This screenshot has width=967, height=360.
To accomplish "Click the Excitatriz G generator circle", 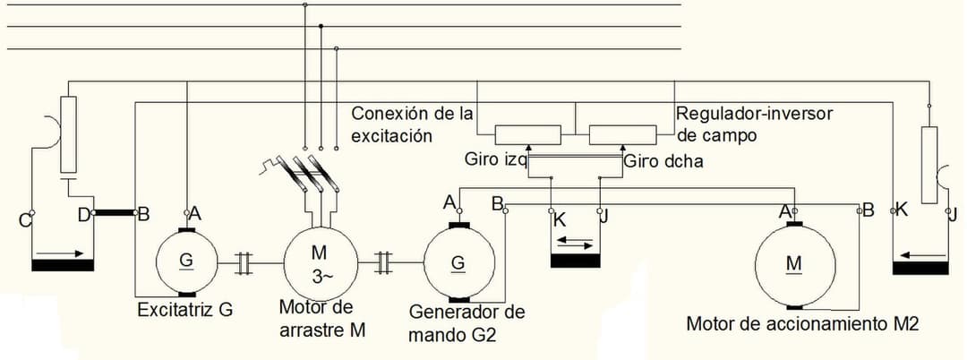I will (x=186, y=261).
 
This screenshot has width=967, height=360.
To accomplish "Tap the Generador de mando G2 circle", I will (x=458, y=262).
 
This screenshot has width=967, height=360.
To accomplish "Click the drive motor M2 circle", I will (x=793, y=262).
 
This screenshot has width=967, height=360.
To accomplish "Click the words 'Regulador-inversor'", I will (x=755, y=115).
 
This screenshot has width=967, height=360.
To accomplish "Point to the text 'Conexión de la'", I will (x=412, y=115).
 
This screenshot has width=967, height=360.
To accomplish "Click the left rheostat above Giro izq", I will (x=528, y=134).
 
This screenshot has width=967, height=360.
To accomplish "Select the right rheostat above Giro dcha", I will (x=622, y=134).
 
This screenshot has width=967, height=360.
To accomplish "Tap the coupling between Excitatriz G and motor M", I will (x=244, y=262).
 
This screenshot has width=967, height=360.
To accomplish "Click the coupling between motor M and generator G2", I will (x=384, y=262).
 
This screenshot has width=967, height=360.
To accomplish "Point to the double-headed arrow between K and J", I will (x=574, y=243).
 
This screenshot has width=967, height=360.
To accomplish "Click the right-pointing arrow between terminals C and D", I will (x=63, y=253).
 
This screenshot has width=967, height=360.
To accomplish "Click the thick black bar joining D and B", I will (x=114, y=214).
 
